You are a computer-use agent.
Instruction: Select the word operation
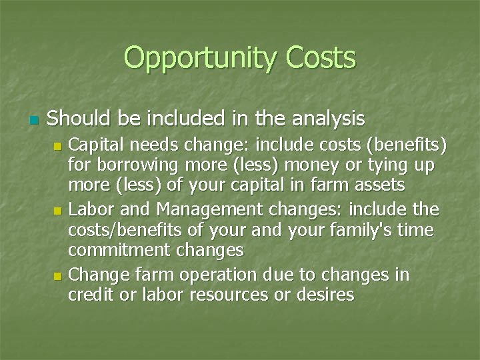[x=229, y=275]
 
